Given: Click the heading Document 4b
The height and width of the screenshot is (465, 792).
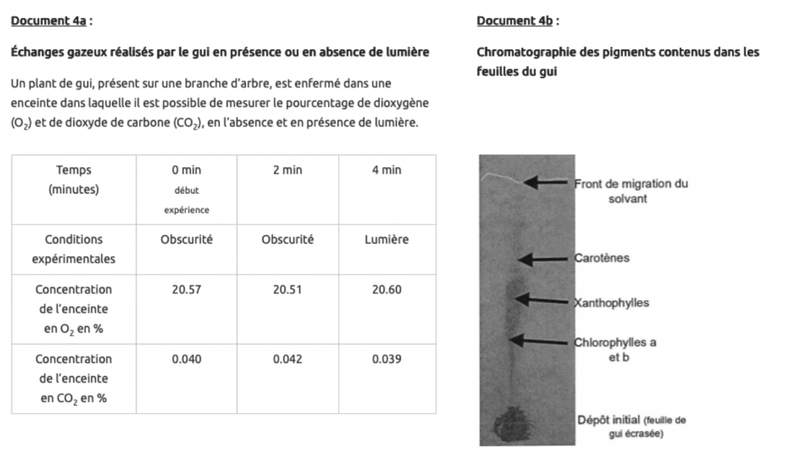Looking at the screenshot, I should coord(514,21).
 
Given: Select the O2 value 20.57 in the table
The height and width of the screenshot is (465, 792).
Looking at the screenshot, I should coord(186,289).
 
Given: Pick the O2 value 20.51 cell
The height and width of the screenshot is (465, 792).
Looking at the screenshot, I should coord(287,289).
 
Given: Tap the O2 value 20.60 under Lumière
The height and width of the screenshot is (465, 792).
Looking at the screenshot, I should coord(386,289).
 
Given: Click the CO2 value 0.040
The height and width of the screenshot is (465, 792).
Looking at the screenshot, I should coord(186,359).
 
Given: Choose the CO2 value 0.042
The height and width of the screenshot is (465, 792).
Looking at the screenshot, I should coord(287,359).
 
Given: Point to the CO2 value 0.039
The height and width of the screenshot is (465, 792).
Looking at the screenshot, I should coord(386,359).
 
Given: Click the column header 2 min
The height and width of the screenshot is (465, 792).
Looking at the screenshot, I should coord(287,170).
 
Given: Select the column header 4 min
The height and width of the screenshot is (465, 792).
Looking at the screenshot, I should coord(386,170).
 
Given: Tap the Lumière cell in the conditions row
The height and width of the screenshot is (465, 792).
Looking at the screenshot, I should coord(386,240).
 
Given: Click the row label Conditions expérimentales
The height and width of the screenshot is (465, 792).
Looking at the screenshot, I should coord(73,249).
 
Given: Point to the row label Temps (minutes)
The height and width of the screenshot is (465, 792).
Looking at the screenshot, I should coord(73,180).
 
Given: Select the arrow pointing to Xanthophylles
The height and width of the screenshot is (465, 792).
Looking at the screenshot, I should coord(544,299).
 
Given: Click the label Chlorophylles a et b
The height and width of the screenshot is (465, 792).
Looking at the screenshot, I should coord(615,350).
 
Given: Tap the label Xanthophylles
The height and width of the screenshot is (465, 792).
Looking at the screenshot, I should coord(611,303).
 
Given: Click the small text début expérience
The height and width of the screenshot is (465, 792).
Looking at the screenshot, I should coord(186,199).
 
